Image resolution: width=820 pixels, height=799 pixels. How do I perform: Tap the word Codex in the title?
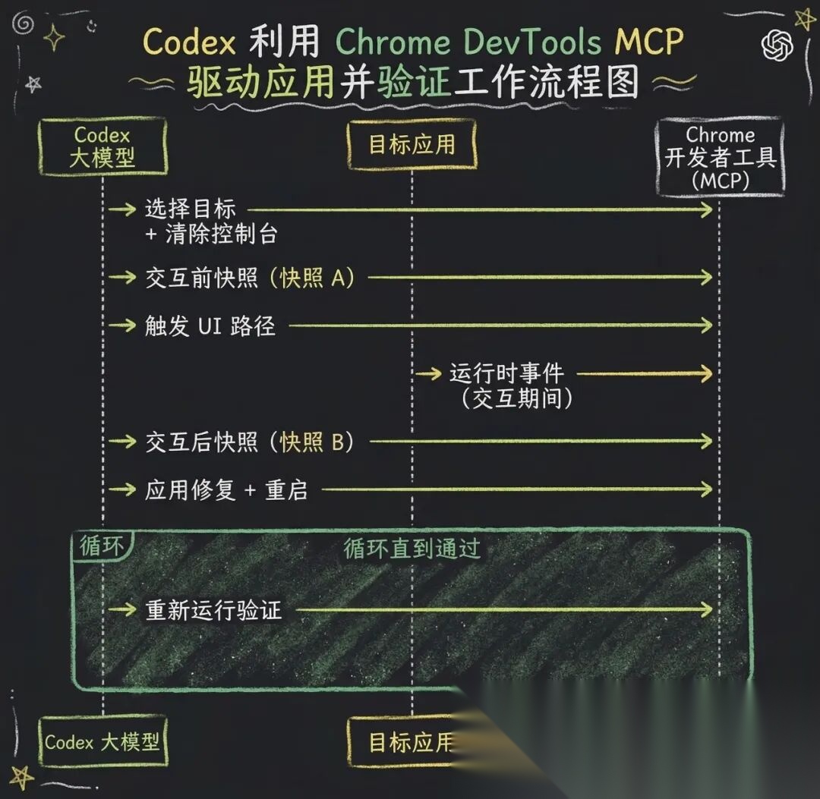[x=188, y=42]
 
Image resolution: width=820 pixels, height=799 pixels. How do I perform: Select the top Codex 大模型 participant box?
[x=102, y=146]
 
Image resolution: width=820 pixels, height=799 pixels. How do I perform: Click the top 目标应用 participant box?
[x=412, y=144]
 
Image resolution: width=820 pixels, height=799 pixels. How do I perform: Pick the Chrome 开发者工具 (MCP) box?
[x=721, y=157]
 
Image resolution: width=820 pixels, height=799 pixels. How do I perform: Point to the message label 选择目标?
[x=191, y=209]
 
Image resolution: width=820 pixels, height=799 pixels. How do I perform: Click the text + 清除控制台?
[x=211, y=234]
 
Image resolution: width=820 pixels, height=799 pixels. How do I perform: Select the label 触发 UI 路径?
[x=210, y=326]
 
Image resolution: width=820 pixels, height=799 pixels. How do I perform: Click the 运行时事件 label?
[x=506, y=373]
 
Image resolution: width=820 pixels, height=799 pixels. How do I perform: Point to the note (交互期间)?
[x=516, y=398]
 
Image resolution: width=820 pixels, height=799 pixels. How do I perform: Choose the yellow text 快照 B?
[x=312, y=442]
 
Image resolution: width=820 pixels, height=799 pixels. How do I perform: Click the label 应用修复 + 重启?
[x=226, y=490]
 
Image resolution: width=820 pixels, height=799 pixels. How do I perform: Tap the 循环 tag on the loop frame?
[x=101, y=546]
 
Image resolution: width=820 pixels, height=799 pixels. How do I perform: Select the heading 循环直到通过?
[x=412, y=549]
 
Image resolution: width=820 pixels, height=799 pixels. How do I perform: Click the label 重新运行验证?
[x=213, y=610]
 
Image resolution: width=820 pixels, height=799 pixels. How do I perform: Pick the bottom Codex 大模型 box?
[x=102, y=741]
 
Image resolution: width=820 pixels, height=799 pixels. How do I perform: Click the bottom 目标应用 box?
[x=410, y=742]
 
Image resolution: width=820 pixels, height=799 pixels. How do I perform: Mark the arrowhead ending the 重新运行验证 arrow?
[x=707, y=609]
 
